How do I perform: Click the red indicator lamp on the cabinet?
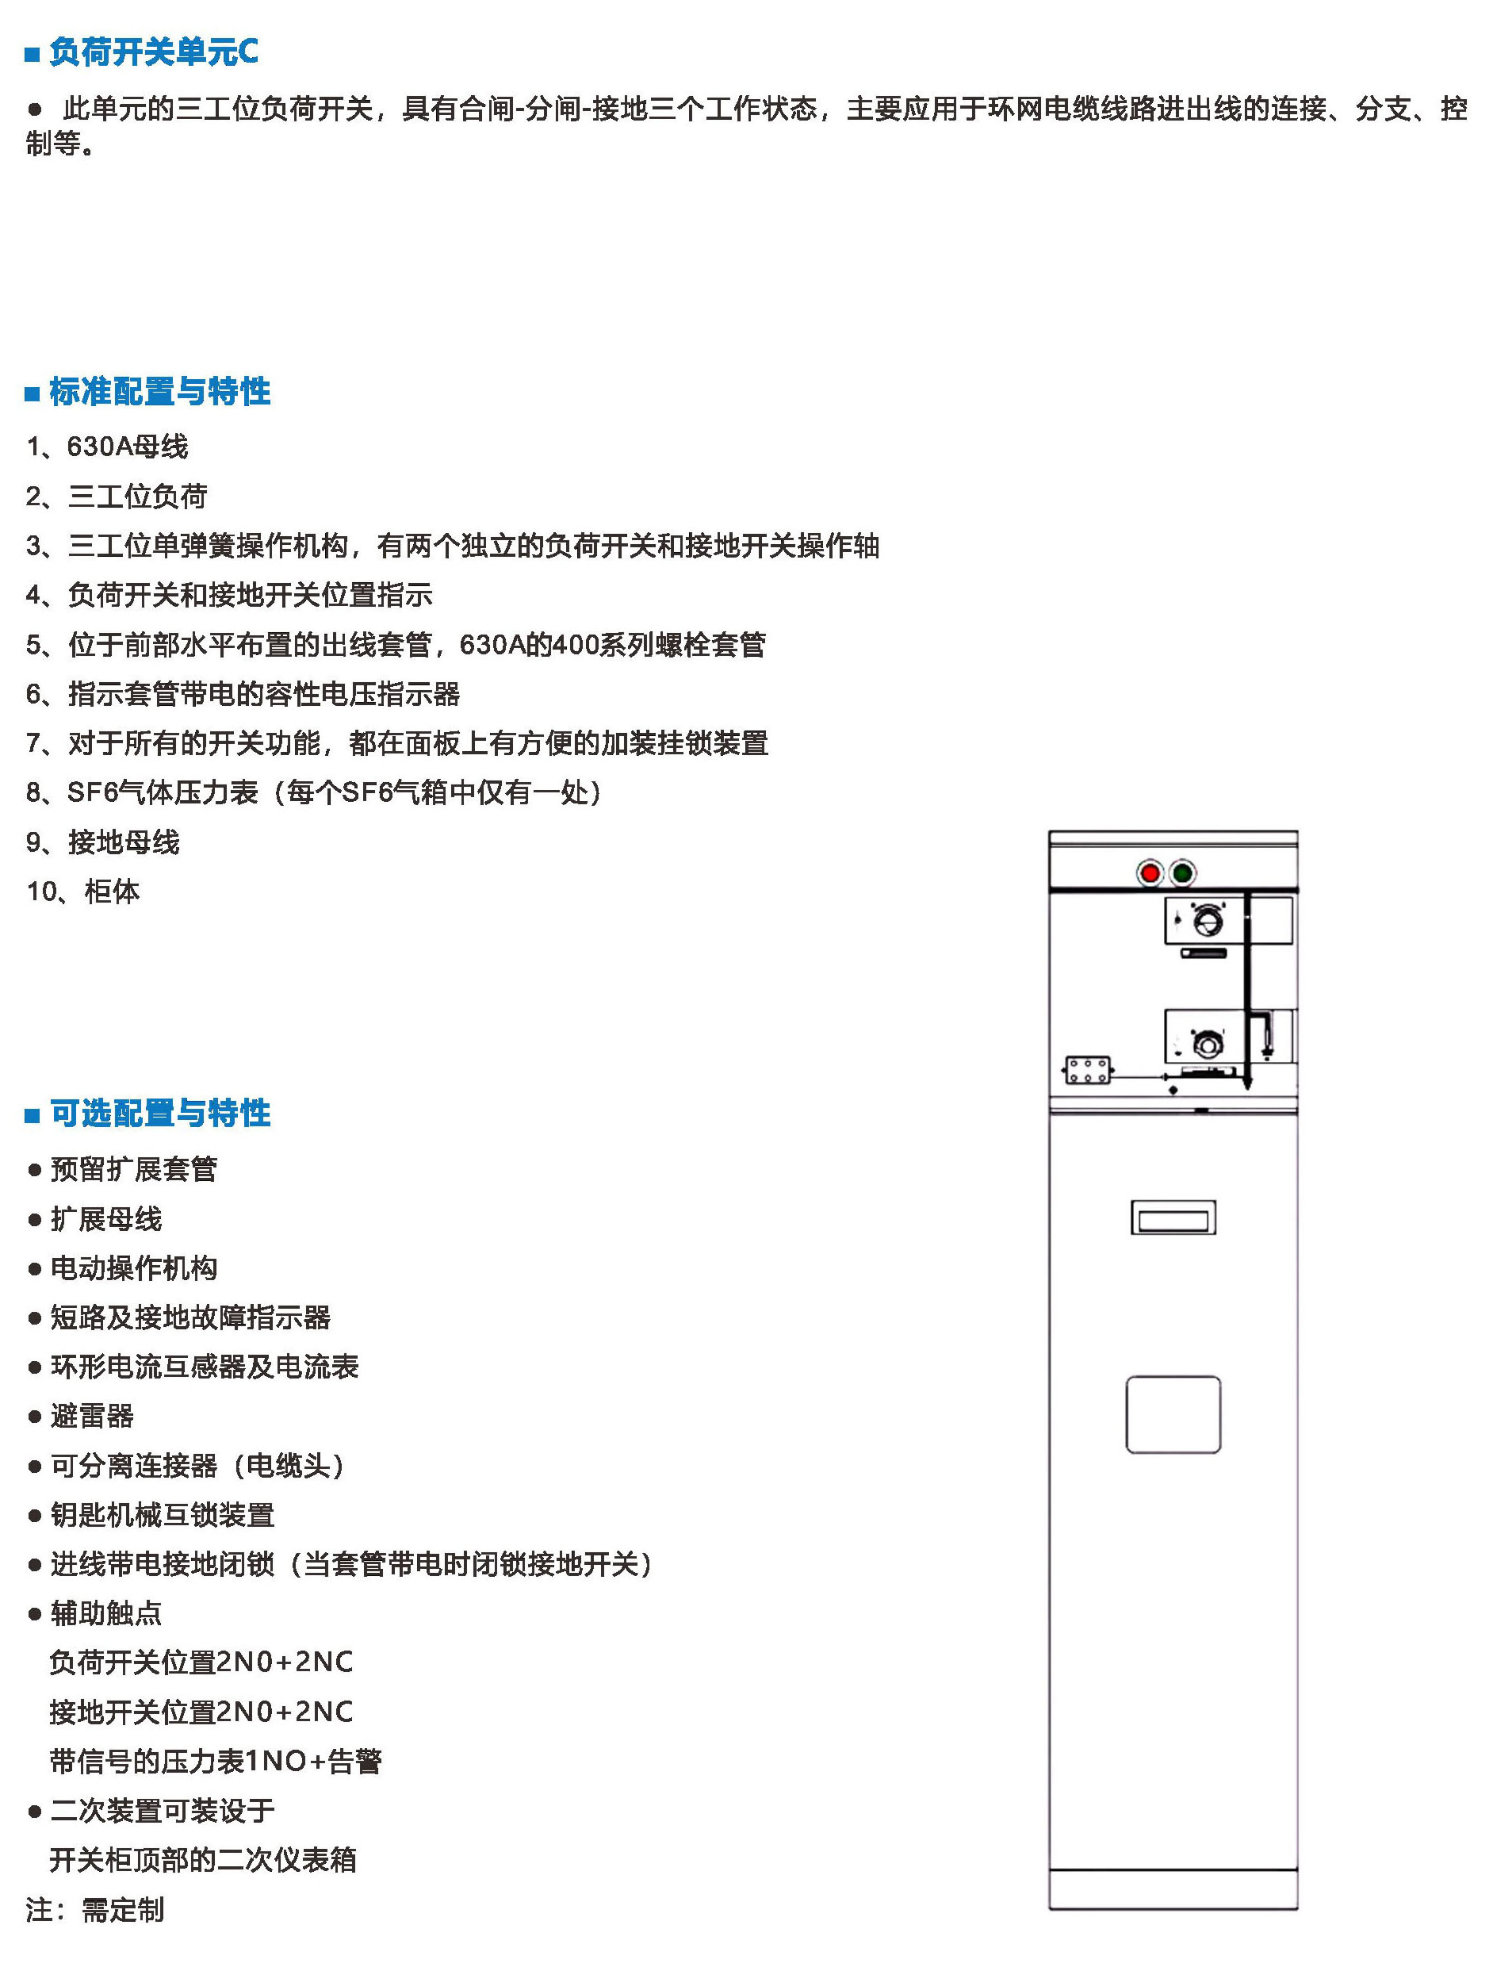point(1149,873)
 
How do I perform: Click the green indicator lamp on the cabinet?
point(1182,873)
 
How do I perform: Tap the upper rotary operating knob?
point(1206,919)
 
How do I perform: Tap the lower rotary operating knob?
point(1207,1042)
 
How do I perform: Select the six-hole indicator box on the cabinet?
point(1088,1069)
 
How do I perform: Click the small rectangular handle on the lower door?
point(1173,1217)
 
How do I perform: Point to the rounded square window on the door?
point(1173,1414)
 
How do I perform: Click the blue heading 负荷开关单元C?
point(153,52)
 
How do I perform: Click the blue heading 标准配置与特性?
point(159,391)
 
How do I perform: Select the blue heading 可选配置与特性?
point(159,1113)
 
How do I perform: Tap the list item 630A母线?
point(128,447)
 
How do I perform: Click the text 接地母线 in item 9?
point(124,842)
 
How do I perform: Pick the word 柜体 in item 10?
point(113,891)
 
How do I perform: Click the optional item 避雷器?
point(92,1416)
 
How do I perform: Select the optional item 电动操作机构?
point(134,1268)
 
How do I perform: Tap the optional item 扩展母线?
point(106,1219)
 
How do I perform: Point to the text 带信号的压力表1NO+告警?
point(216,1761)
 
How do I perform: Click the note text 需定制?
point(123,1909)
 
